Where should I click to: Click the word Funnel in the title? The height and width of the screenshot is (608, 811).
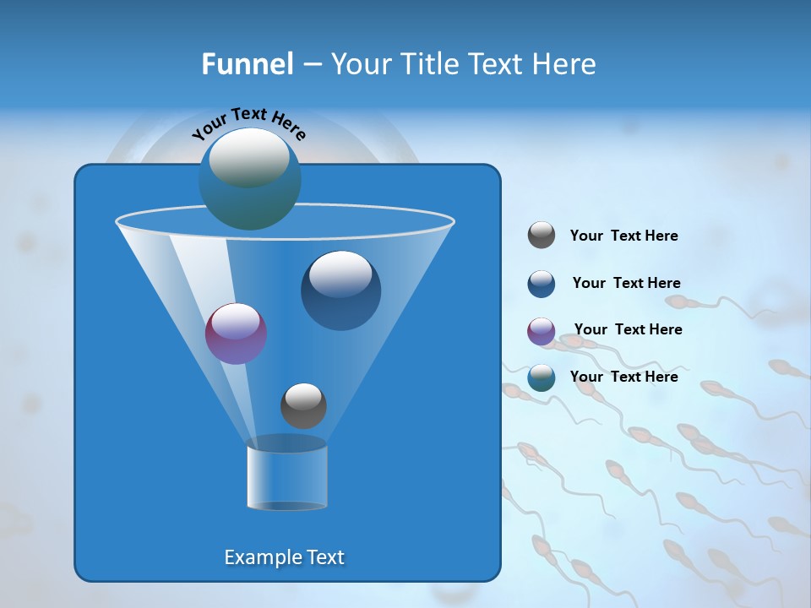tap(248, 64)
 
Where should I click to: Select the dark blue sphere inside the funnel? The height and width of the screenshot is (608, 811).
tap(340, 290)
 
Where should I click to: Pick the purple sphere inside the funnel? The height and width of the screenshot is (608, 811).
tap(236, 334)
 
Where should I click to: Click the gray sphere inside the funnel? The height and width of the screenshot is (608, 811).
tap(303, 405)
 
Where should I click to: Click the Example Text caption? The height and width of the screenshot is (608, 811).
tap(284, 557)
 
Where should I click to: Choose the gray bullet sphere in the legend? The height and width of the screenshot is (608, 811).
tap(542, 236)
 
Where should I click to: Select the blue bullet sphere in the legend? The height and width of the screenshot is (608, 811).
tap(542, 284)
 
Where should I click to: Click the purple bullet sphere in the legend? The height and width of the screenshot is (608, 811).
tap(542, 331)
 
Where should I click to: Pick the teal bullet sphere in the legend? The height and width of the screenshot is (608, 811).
tap(542, 377)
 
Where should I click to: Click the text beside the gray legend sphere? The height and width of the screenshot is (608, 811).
tap(623, 236)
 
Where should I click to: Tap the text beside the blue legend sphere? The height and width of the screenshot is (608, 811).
tap(626, 284)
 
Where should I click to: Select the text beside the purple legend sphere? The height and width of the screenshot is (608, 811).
tap(628, 330)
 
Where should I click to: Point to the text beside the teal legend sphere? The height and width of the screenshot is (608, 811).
tap(623, 377)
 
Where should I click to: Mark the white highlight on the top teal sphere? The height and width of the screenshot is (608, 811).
tap(249, 156)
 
